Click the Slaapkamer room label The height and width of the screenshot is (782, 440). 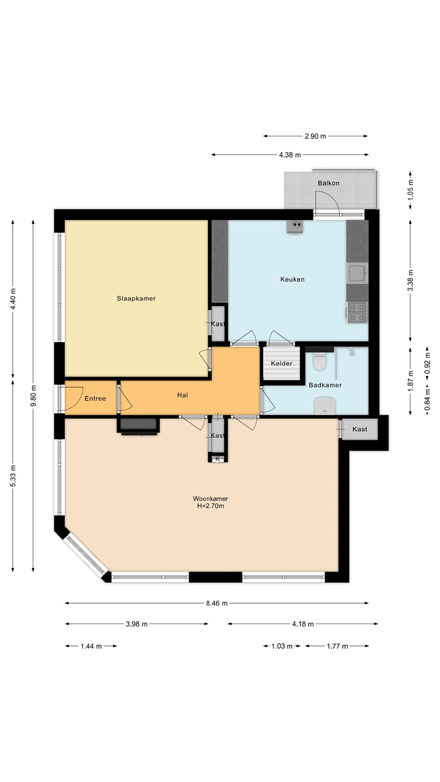tap(136, 299)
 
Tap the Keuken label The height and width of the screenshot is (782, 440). tap(292, 279)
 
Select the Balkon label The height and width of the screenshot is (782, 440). tap(328, 183)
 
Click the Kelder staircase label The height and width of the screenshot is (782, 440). tap(281, 363)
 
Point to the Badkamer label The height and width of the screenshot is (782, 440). tap(325, 385)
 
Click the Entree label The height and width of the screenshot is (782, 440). tap(95, 399)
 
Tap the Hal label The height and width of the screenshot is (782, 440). tap(183, 395)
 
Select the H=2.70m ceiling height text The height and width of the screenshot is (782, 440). tap(210, 506)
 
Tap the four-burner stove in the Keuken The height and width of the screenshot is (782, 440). tap(357, 312)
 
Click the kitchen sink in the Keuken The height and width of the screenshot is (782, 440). tap(357, 273)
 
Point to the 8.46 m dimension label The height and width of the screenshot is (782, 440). tap(217, 603)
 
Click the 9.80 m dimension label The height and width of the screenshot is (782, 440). tap(33, 396)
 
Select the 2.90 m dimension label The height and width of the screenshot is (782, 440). tap(315, 136)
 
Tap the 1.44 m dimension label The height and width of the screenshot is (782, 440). tap(91, 646)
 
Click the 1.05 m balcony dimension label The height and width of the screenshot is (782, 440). tap(410, 190)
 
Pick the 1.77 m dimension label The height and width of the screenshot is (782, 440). tap(337, 646)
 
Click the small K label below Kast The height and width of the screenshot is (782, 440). tap(217, 458)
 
